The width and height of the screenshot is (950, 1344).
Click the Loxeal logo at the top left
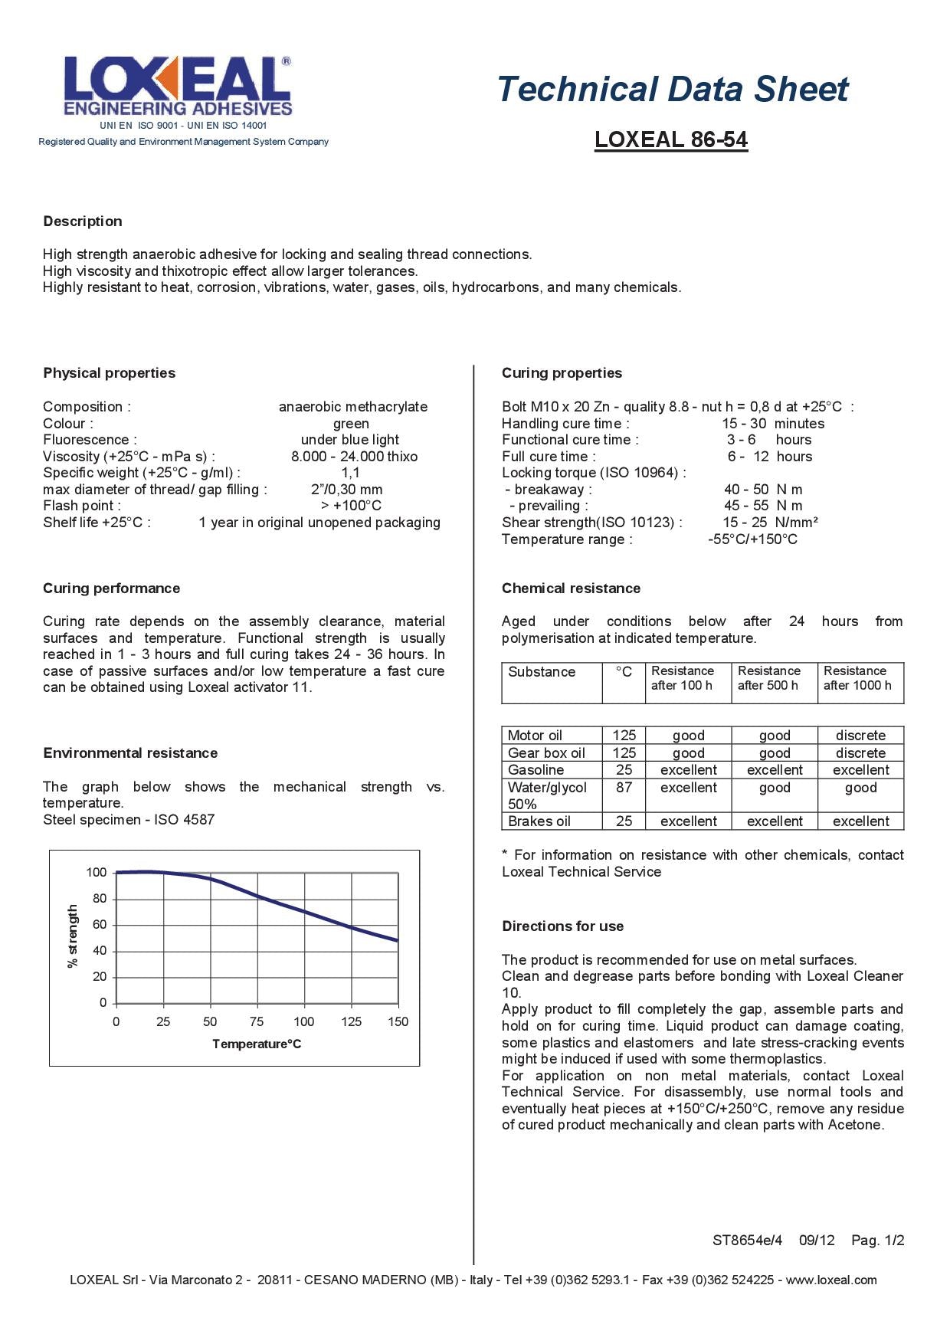tap(178, 86)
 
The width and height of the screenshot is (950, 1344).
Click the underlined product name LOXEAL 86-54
tap(670, 139)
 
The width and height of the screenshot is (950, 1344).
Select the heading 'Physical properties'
tap(109, 373)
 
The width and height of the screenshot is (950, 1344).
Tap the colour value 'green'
tap(351, 424)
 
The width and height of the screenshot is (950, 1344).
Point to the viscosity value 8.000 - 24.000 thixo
tap(354, 457)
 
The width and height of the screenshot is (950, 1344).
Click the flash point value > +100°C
tap(351, 506)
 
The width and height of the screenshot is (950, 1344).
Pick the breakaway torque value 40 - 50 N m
tap(762, 490)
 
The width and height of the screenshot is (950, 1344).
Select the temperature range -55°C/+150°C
tap(752, 539)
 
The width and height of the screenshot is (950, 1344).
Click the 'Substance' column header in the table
tap(541, 672)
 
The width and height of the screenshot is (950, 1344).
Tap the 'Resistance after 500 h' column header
tap(768, 678)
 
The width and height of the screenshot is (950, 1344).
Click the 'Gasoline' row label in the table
tap(536, 770)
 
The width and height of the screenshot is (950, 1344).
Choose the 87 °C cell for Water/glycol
tap(624, 788)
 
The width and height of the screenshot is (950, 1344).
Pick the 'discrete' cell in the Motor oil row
tap(860, 736)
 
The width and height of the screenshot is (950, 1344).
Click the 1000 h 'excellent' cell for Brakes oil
tap(860, 821)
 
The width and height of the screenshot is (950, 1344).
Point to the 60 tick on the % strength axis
tap(100, 925)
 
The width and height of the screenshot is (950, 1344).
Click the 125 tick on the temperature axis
tap(351, 1021)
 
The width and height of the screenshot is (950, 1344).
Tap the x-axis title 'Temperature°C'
tap(257, 1044)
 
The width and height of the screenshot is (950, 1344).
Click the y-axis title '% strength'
tap(74, 936)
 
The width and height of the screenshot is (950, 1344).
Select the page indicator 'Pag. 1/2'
tap(877, 1241)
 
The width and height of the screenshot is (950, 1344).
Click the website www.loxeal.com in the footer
tap(830, 1280)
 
